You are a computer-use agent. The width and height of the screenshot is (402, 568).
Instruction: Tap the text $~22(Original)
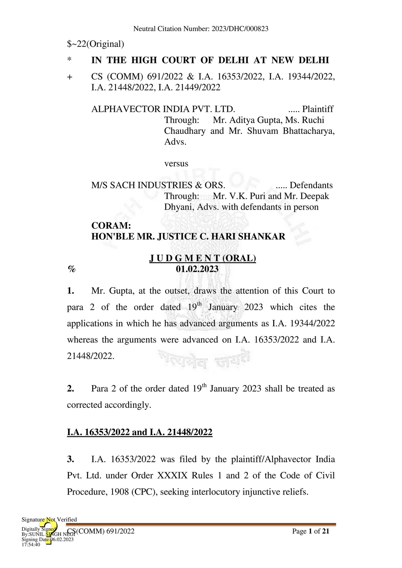point(95,44)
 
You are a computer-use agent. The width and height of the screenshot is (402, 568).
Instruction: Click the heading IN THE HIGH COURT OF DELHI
point(210,60)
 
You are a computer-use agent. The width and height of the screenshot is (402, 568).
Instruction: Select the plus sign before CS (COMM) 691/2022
point(70,77)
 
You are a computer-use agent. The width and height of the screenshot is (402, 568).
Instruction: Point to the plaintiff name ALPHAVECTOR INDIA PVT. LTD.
point(163,109)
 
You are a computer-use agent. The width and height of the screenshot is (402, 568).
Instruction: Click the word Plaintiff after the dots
point(317,109)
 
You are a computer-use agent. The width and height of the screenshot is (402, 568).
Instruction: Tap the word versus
point(176,164)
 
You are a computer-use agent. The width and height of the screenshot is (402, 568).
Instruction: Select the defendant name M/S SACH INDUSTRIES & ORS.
point(158,185)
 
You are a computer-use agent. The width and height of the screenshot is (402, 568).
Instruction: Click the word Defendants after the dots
point(311,185)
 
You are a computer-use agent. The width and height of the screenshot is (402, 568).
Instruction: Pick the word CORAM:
point(111,225)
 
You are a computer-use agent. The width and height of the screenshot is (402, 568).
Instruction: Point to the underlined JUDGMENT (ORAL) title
point(202,258)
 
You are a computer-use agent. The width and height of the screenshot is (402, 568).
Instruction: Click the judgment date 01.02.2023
point(197,269)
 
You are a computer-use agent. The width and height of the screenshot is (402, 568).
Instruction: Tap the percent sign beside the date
point(71,269)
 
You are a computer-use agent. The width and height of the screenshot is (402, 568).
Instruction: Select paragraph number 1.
point(70,291)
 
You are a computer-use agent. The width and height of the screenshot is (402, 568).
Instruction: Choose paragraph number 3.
point(70,459)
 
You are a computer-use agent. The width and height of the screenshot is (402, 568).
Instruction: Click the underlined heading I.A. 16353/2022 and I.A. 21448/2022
point(139,432)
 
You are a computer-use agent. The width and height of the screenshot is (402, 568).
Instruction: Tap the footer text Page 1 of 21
point(311,531)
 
